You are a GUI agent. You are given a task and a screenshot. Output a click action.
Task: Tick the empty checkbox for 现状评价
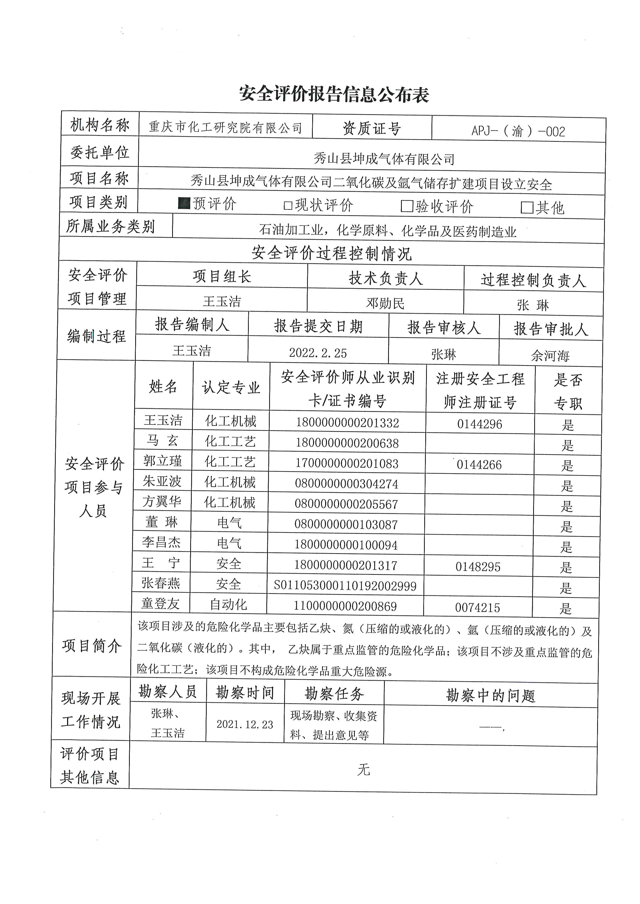pyautogui.click(x=288, y=205)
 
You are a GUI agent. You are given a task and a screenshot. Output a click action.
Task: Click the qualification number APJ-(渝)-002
pyautogui.click(x=518, y=131)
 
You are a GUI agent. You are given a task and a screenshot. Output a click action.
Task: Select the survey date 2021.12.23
pyautogui.click(x=245, y=724)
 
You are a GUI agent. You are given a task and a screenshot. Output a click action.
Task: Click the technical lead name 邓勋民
pyautogui.click(x=385, y=303)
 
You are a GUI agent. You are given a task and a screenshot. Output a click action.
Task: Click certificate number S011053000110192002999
pyautogui.click(x=345, y=586)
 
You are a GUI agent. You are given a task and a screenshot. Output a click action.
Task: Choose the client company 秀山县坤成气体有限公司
pyautogui.click(x=384, y=159)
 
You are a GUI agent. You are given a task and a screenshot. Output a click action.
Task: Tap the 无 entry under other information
pyautogui.click(x=363, y=769)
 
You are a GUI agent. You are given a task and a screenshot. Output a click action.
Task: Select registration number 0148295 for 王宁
pyautogui.click(x=478, y=567)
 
